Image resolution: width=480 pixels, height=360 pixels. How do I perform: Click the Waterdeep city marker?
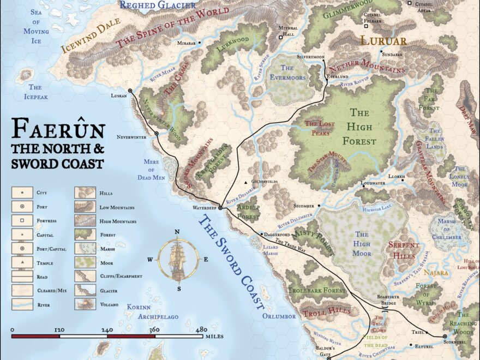(220, 207)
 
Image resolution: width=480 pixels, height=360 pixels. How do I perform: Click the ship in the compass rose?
(177, 260)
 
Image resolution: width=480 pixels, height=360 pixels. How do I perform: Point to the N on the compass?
(177, 232)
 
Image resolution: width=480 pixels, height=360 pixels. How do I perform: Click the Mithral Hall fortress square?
(281, 38)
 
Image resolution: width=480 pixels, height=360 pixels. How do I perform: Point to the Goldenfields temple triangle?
(247, 182)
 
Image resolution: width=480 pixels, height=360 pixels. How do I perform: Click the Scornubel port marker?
(445, 337)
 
